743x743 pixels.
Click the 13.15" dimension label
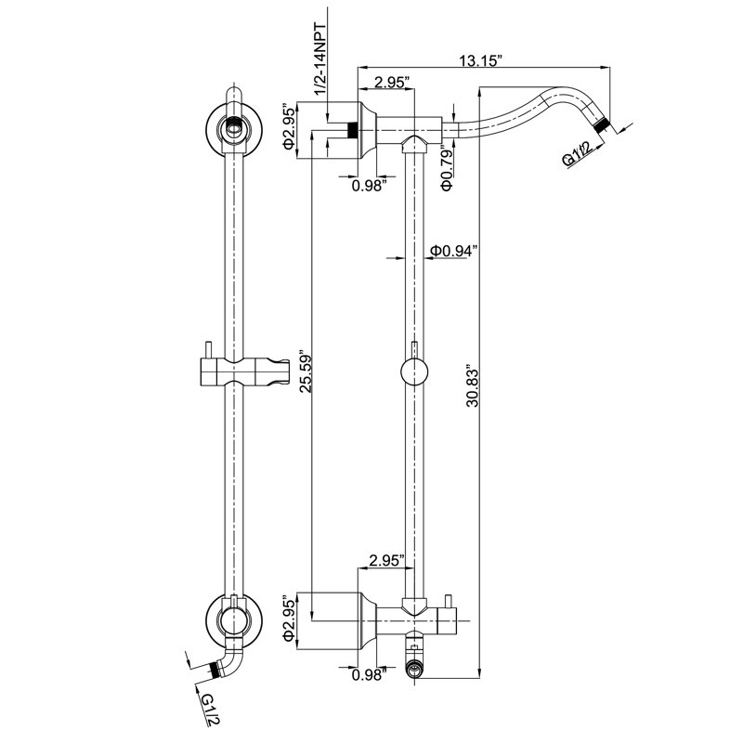click(x=480, y=60)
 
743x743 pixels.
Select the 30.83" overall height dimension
click(x=473, y=385)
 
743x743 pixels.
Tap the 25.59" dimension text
click(x=306, y=371)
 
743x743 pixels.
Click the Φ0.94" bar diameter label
click(x=453, y=251)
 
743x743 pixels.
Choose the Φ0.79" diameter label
click(x=448, y=168)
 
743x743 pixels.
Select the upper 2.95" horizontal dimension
click(x=392, y=83)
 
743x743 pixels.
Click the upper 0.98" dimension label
click(x=367, y=186)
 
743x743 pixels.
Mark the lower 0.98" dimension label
click(x=367, y=675)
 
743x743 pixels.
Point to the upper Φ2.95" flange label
click(x=289, y=126)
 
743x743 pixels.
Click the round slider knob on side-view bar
click(x=414, y=372)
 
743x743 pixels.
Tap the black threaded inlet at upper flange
click(x=352, y=130)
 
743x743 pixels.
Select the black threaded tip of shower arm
click(x=603, y=126)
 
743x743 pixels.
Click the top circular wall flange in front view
click(x=233, y=128)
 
